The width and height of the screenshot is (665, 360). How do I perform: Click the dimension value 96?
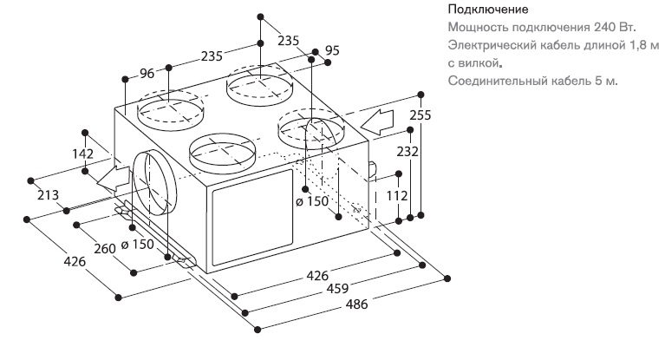coord(147,74)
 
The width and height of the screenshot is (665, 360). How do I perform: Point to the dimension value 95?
coord(332,50)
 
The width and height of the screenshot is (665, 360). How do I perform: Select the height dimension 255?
coord(421,115)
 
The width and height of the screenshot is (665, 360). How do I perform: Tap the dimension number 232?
coord(407,151)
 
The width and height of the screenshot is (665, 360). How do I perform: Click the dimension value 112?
coord(397,196)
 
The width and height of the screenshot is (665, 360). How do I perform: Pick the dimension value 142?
coord(82,154)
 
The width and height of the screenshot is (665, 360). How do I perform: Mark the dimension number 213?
coord(48,195)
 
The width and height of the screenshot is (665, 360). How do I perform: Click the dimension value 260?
coord(105,248)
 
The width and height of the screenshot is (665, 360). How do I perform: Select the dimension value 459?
coord(337,289)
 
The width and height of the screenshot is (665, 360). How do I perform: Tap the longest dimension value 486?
coord(356,304)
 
